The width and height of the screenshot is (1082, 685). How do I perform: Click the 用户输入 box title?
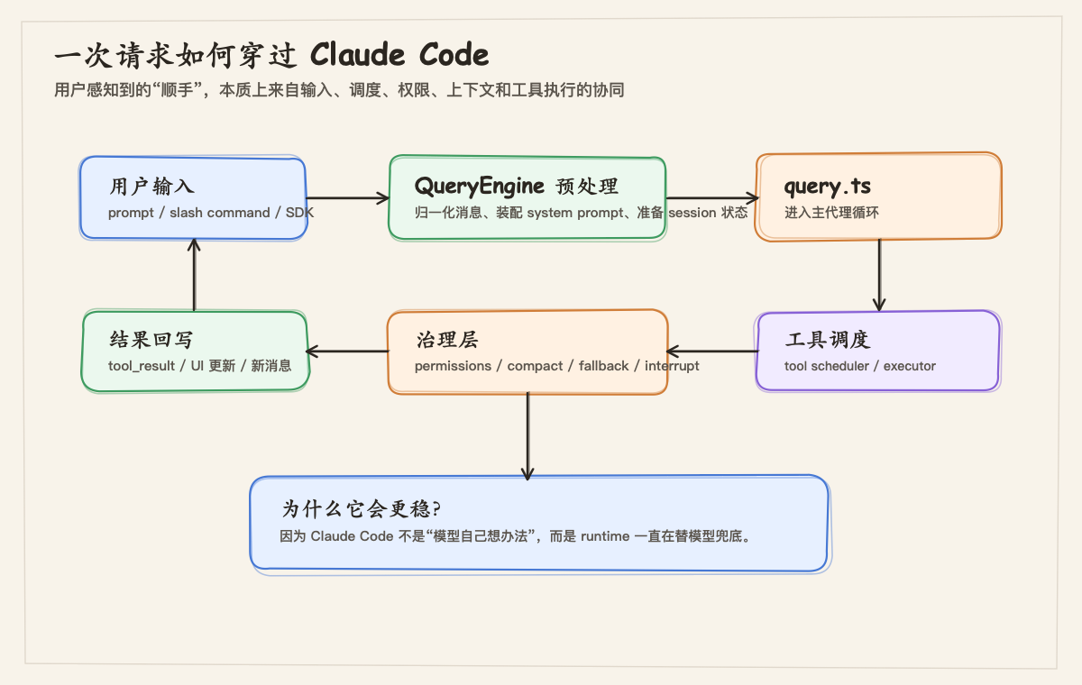pos(151,187)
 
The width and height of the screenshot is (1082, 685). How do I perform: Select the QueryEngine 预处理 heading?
pos(516,187)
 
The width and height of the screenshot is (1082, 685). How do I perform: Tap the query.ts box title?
pos(828,187)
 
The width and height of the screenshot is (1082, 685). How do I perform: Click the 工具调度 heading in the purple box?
pos(827,340)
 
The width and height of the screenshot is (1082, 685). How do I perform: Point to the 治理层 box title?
pos(446,340)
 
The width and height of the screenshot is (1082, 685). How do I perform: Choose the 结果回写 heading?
pos(151,340)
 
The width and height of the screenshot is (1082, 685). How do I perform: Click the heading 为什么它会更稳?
pos(361,508)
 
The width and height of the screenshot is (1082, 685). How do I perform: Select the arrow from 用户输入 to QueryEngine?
pos(347,198)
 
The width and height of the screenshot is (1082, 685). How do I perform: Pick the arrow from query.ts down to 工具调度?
pos(879,275)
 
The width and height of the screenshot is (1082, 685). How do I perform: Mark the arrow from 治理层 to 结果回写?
pos(347,352)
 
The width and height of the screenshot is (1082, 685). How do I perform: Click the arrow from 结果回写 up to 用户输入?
pos(194,275)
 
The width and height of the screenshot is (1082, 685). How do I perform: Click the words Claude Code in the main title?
pos(399,55)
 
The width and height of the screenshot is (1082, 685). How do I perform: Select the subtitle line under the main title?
pos(339,90)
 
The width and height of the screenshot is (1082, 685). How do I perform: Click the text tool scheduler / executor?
pos(860,366)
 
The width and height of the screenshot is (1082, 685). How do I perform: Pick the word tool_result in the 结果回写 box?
pos(142,366)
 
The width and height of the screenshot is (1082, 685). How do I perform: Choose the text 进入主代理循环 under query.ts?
pos(831,213)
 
